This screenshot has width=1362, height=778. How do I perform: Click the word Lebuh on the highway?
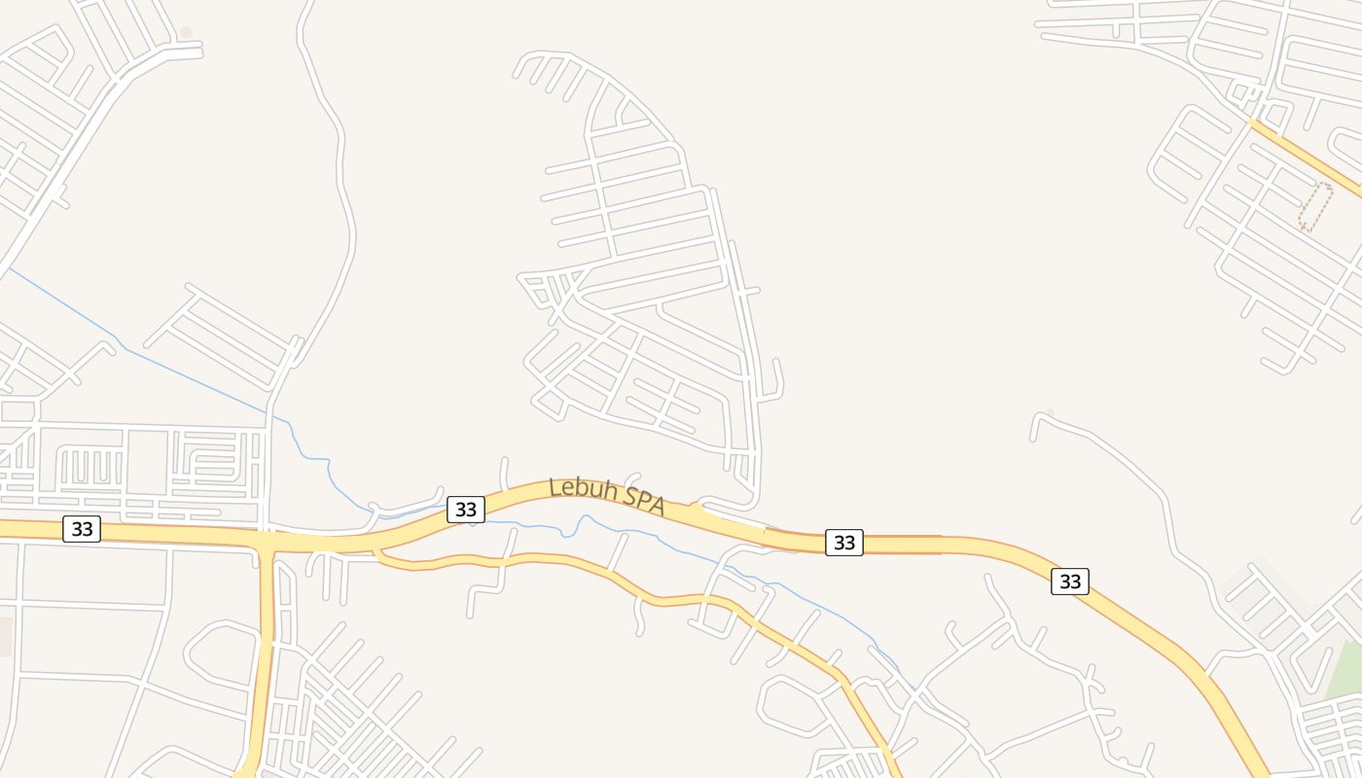pos(583,488)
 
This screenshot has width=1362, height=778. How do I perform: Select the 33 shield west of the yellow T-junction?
pos(82,529)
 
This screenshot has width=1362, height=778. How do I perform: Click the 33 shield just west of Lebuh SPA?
pos(466,509)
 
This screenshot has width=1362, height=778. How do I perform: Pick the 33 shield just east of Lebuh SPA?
pos(843,543)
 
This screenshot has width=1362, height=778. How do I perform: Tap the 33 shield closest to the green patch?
pos(1069,582)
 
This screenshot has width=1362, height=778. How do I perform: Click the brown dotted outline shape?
pos(1315,207)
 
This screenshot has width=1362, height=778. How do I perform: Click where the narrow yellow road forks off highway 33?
pos(377,550)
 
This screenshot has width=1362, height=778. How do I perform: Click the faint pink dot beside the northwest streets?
pos(186,32)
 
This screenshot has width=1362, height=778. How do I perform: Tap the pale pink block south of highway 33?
pos(5,636)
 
